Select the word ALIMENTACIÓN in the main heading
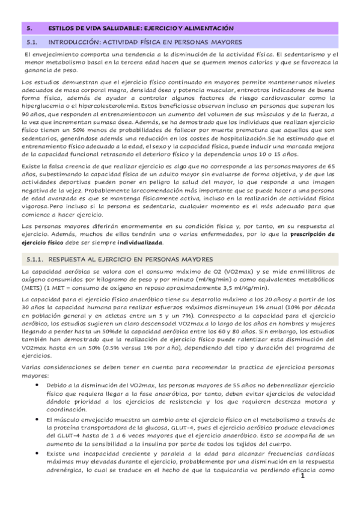(208, 28)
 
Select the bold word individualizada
(139, 242)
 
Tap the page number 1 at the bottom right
(303, 476)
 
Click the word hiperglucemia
(41, 103)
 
